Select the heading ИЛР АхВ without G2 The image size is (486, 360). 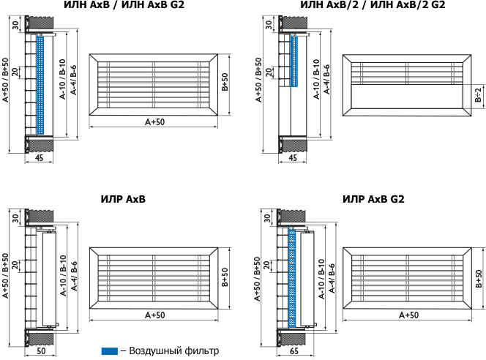tap(123, 199)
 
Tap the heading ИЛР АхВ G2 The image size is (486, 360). tap(373, 199)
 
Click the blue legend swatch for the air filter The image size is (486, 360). tap(109, 350)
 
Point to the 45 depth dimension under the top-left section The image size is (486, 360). tap(39, 157)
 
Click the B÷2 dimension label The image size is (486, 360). tap(478, 96)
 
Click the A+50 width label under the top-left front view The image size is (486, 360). tap(154, 121)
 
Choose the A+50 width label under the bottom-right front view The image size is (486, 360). tap(408, 315)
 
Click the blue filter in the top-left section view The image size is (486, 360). tap(40, 84)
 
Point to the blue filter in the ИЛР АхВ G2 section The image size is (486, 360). tap(292, 278)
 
